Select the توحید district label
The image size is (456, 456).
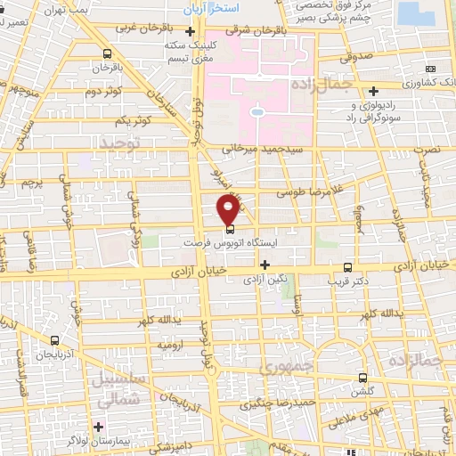pyautogui.click(x=121, y=142)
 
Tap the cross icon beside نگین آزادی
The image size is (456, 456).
pyautogui.click(x=265, y=264)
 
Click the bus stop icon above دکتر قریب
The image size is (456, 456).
pyautogui.click(x=347, y=266)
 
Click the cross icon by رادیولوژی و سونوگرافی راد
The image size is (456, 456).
pyautogui.click(x=374, y=89)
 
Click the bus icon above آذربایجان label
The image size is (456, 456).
pyautogui.click(x=56, y=340)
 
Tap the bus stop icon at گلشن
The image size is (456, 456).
pyautogui.click(x=362, y=377)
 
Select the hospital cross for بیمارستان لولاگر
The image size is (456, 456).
pyautogui.click(x=99, y=427)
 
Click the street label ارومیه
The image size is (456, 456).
pyautogui.click(x=170, y=344)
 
